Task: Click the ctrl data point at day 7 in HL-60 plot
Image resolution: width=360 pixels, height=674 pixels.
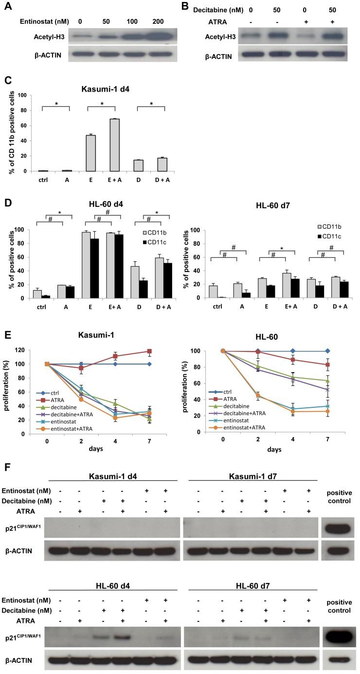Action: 327,351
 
